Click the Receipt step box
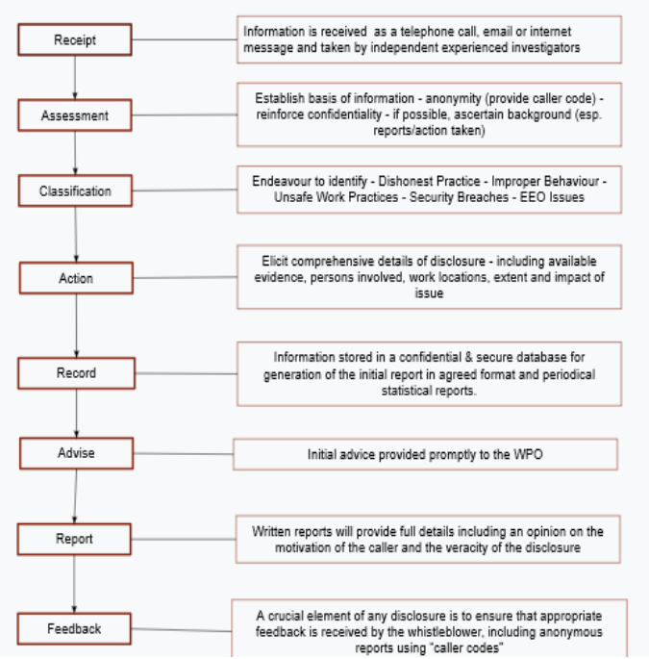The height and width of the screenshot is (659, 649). (x=75, y=39)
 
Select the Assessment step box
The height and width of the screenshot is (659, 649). (x=75, y=115)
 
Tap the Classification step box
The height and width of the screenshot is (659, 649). (x=75, y=190)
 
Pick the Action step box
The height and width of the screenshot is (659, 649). (x=76, y=278)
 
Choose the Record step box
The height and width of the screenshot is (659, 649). (x=77, y=373)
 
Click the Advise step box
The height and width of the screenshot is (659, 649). (x=77, y=453)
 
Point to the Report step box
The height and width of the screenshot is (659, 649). (x=74, y=539)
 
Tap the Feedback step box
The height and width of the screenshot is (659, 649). (x=74, y=629)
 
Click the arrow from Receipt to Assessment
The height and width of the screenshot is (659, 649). (x=75, y=78)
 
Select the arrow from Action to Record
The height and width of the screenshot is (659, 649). (x=77, y=326)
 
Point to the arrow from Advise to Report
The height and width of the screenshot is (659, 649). (x=76, y=496)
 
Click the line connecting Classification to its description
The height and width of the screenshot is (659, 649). (x=185, y=190)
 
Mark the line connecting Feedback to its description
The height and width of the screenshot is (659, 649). (x=182, y=629)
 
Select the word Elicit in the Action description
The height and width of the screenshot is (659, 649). (x=275, y=261)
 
